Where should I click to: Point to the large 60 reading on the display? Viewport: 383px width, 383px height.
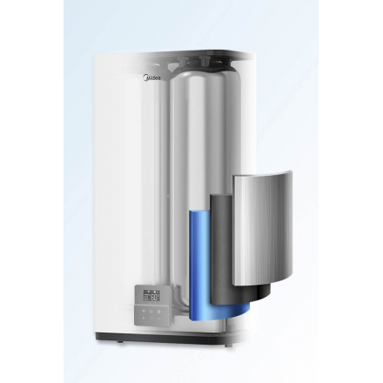click(153, 297)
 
